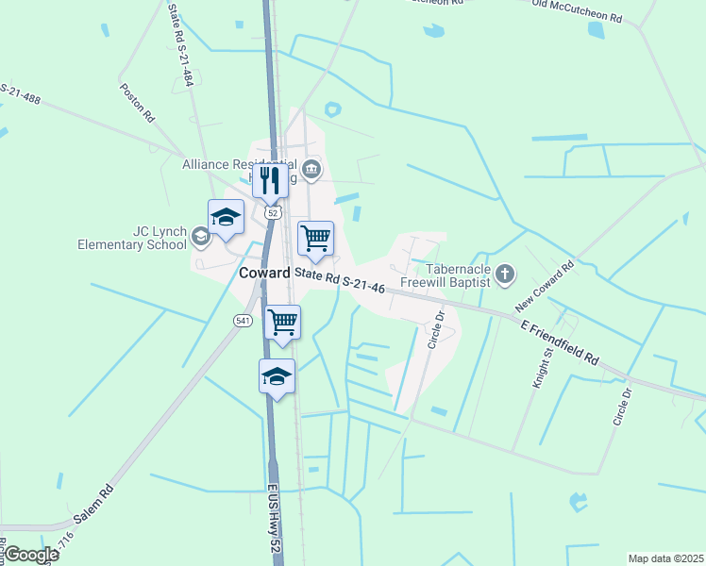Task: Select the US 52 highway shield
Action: [x=273, y=214]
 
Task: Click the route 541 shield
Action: [x=243, y=322]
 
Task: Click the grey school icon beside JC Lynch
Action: [x=200, y=236]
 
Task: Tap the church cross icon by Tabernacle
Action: [x=505, y=275]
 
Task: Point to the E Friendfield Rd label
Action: [x=561, y=343]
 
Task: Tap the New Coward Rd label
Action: [x=545, y=289]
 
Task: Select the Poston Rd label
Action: [x=136, y=104]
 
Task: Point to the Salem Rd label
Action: [x=93, y=506]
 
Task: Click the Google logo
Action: [x=31, y=555]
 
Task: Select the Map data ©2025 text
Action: [x=665, y=558]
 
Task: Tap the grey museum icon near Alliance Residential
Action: [x=312, y=170]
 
